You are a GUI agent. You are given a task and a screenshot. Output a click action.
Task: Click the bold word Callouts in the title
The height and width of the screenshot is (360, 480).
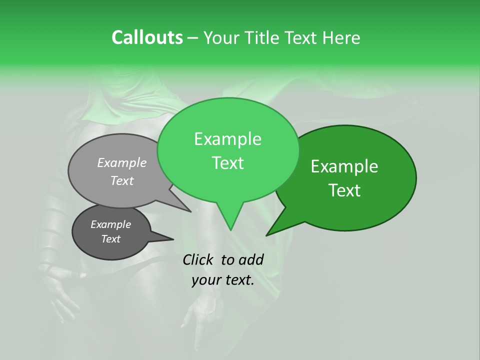coord(147,37)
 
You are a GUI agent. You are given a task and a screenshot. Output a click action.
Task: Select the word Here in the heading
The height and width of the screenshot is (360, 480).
coord(342,37)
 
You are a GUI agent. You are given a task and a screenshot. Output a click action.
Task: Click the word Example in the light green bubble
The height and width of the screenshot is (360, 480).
coord(227,139)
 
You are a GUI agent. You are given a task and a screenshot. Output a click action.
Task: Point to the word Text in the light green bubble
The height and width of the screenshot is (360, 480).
coord(227,163)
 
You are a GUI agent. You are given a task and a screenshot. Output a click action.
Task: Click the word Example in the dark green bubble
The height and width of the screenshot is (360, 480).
coord(344,166)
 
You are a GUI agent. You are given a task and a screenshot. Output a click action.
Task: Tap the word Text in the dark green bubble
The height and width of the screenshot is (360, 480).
coord(344,190)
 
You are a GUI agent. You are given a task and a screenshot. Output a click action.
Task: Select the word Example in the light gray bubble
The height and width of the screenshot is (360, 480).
coord(122,162)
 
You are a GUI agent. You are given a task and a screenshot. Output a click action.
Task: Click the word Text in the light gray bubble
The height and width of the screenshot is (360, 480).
coord(122,181)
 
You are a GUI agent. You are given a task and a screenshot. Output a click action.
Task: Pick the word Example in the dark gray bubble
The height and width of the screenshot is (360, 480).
coord(110,224)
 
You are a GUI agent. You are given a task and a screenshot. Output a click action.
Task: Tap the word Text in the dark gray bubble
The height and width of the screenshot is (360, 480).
coord(110,239)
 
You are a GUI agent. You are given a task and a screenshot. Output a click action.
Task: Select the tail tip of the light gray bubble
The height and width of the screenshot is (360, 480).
coord(190,211)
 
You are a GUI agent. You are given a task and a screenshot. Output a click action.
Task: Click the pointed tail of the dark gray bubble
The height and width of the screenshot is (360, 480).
coord(172,239)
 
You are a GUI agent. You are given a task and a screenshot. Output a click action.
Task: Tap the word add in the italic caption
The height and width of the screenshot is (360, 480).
coord(250,259)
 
